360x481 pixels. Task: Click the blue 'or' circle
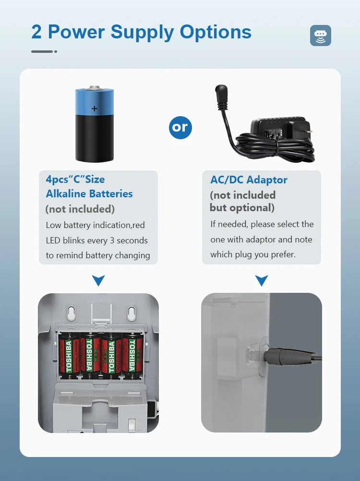pos(180,127)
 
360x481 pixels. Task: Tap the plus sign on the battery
pos(95,108)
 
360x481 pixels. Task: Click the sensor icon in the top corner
pos(321,36)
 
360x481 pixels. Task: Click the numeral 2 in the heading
pos(36,32)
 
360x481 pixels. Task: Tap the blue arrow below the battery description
pos(98,280)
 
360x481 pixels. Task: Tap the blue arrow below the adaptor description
pos(262,280)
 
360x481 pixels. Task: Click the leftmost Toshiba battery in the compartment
pos(69,356)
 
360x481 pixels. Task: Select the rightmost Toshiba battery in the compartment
pos(133,356)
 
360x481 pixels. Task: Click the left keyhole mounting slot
pos(72,313)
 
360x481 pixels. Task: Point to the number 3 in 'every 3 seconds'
pos(112,240)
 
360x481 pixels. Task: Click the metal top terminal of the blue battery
pos(95,88)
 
